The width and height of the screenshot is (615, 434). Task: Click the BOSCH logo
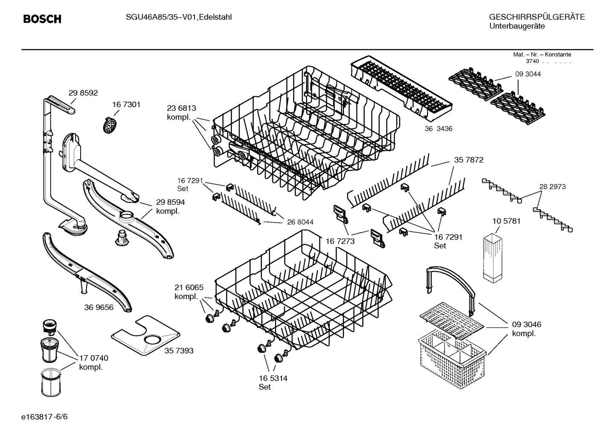(x=42, y=19)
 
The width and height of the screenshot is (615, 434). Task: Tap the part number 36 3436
(x=438, y=129)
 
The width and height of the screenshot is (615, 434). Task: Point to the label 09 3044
(x=528, y=74)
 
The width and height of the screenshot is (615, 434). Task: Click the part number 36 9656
(x=99, y=307)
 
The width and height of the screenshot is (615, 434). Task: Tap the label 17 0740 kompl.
(x=93, y=362)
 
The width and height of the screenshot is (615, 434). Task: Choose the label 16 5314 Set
(x=273, y=382)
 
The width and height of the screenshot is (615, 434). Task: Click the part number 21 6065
(x=189, y=287)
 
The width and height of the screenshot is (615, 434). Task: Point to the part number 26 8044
(x=300, y=222)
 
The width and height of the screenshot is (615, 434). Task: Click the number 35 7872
(x=468, y=160)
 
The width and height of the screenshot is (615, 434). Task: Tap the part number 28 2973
(x=552, y=187)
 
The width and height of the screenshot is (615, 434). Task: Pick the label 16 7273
(x=340, y=241)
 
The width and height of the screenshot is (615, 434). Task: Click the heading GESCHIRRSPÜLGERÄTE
(x=537, y=17)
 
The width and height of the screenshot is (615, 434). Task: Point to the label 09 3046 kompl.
(x=526, y=329)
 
